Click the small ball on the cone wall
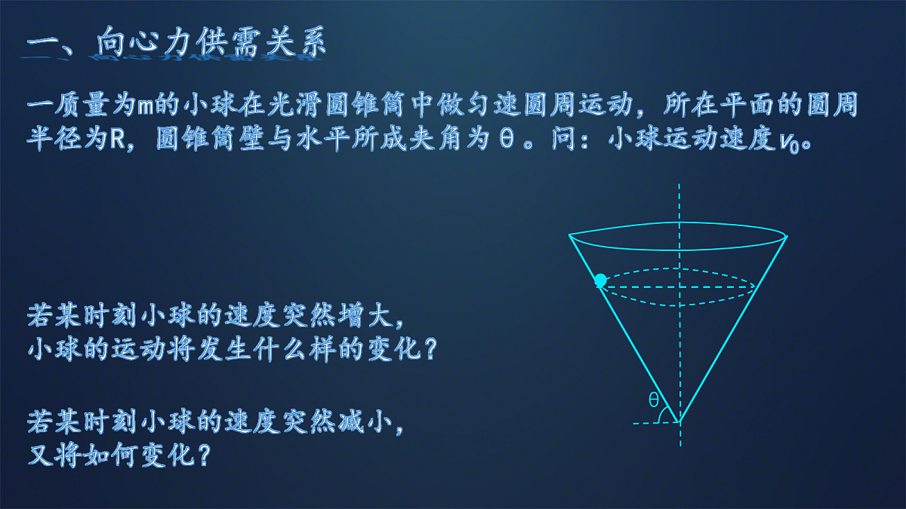click(x=600, y=281)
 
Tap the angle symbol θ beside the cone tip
click(x=654, y=400)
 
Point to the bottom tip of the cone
click(x=679, y=422)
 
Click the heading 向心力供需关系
click(x=212, y=44)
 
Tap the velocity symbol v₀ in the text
click(x=795, y=142)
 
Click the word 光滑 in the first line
click(x=303, y=106)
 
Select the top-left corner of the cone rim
click(x=569, y=235)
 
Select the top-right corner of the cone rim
click(x=787, y=236)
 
